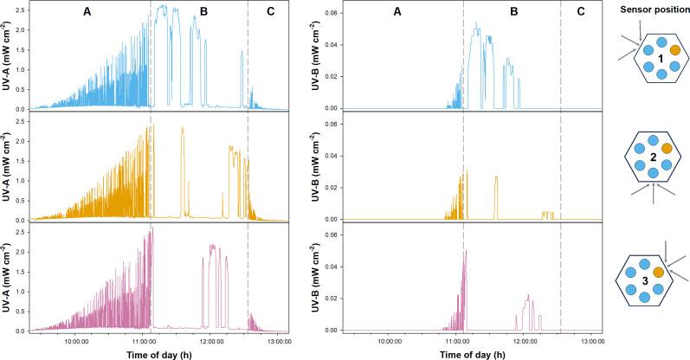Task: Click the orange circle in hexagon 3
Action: (659, 273)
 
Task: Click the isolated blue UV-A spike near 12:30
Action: (242, 78)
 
